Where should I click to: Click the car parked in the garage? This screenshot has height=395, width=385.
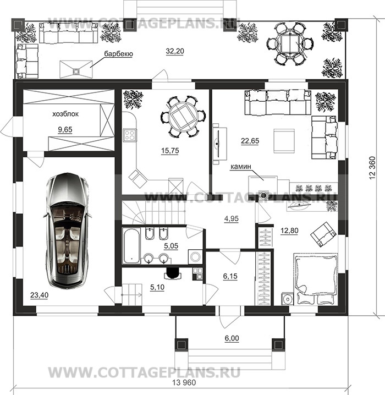pyautogui.click(x=67, y=231)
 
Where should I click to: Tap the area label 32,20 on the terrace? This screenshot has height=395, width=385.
pyautogui.click(x=175, y=51)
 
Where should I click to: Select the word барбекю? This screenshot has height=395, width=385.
pyautogui.click(x=118, y=54)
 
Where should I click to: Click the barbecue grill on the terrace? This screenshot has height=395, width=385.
pyautogui.click(x=76, y=69)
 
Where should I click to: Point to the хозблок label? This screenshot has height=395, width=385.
pyautogui.click(x=65, y=114)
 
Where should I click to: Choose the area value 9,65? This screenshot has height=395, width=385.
pyautogui.click(x=65, y=129)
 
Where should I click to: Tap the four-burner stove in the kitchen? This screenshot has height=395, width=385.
pyautogui.click(x=130, y=135)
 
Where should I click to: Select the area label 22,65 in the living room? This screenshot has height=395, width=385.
pyautogui.click(x=250, y=141)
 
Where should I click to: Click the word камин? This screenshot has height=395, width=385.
pyautogui.click(x=241, y=167)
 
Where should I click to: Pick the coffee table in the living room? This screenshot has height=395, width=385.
pyautogui.click(x=284, y=141)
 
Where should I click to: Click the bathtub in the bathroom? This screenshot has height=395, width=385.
pyautogui.click(x=131, y=245)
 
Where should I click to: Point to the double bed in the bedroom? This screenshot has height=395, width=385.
pyautogui.click(x=316, y=279)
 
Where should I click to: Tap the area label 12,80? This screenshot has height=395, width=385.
pyautogui.click(x=289, y=231)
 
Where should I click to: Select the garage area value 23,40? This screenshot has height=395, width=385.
pyautogui.click(x=39, y=295)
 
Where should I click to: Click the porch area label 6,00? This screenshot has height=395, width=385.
pyautogui.click(x=232, y=338)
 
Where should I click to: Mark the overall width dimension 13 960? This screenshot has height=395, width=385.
pyautogui.click(x=184, y=383)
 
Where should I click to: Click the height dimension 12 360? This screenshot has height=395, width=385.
pyautogui.click(x=372, y=168)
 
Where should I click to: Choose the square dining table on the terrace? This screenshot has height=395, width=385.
pyautogui.click(x=290, y=43)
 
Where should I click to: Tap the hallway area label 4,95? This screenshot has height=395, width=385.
pyautogui.click(x=232, y=218)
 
